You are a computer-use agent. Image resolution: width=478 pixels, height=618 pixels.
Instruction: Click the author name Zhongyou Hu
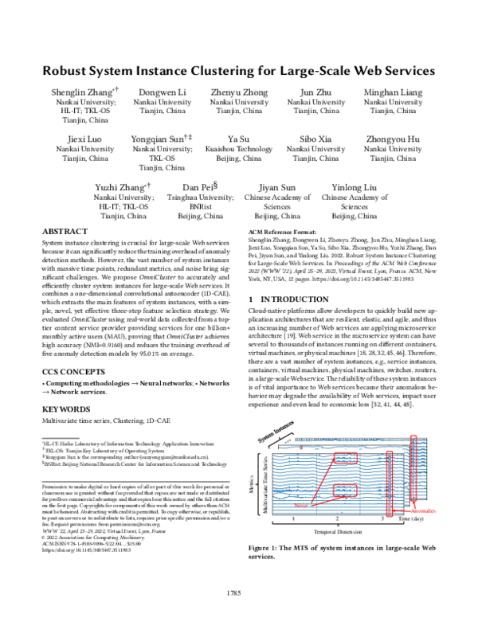(392, 139)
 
